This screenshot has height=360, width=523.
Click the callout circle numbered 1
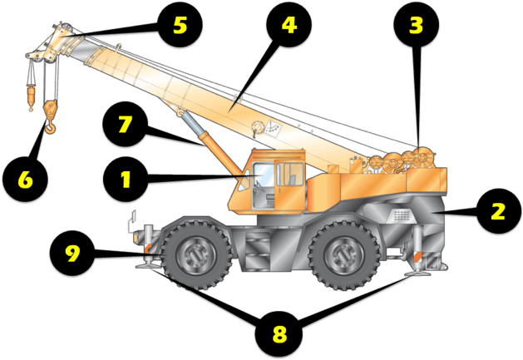tap(126, 179)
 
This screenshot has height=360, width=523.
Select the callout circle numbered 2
tap(496, 210)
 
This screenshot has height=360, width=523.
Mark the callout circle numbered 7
tap(125, 126)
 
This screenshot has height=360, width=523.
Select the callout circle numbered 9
tap(73, 253)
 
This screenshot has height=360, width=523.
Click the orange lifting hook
tap(52, 116)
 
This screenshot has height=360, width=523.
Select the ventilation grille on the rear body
tap(402, 214)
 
